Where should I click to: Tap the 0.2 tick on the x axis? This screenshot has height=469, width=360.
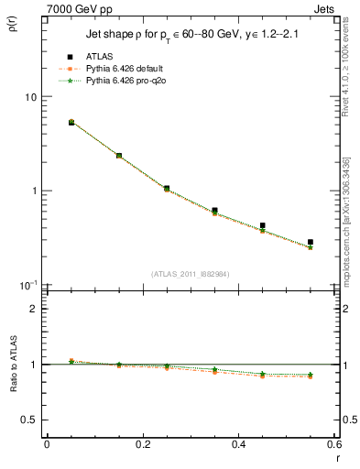[142, 443]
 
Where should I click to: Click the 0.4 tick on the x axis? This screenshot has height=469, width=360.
[238, 443]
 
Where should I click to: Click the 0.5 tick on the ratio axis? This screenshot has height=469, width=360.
[32, 420]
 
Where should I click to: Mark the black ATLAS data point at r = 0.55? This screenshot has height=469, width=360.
[311, 243]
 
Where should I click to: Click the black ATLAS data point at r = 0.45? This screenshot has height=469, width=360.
[262, 225]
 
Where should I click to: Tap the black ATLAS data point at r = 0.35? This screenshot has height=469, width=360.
[214, 211]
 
